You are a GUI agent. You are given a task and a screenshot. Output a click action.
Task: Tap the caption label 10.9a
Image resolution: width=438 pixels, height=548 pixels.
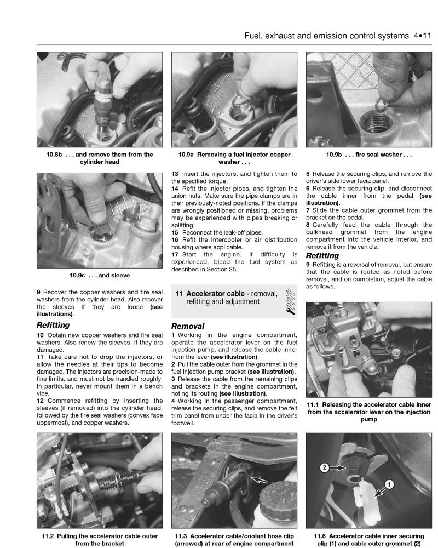pos(189,155)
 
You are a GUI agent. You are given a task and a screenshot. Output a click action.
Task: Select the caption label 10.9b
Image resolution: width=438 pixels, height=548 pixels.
pos(334,155)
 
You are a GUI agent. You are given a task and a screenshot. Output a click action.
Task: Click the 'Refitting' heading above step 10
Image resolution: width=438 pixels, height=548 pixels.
pos(53,325)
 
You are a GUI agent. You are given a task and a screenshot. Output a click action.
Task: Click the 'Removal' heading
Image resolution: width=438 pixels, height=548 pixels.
pos(188,326)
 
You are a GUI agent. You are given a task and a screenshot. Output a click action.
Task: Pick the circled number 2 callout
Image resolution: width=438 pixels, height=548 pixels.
pos(324,468)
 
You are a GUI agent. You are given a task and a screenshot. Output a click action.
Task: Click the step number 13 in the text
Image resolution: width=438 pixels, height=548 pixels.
pos(175,174)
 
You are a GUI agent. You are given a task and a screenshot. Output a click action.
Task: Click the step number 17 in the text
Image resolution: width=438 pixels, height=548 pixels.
pos(175,254)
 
